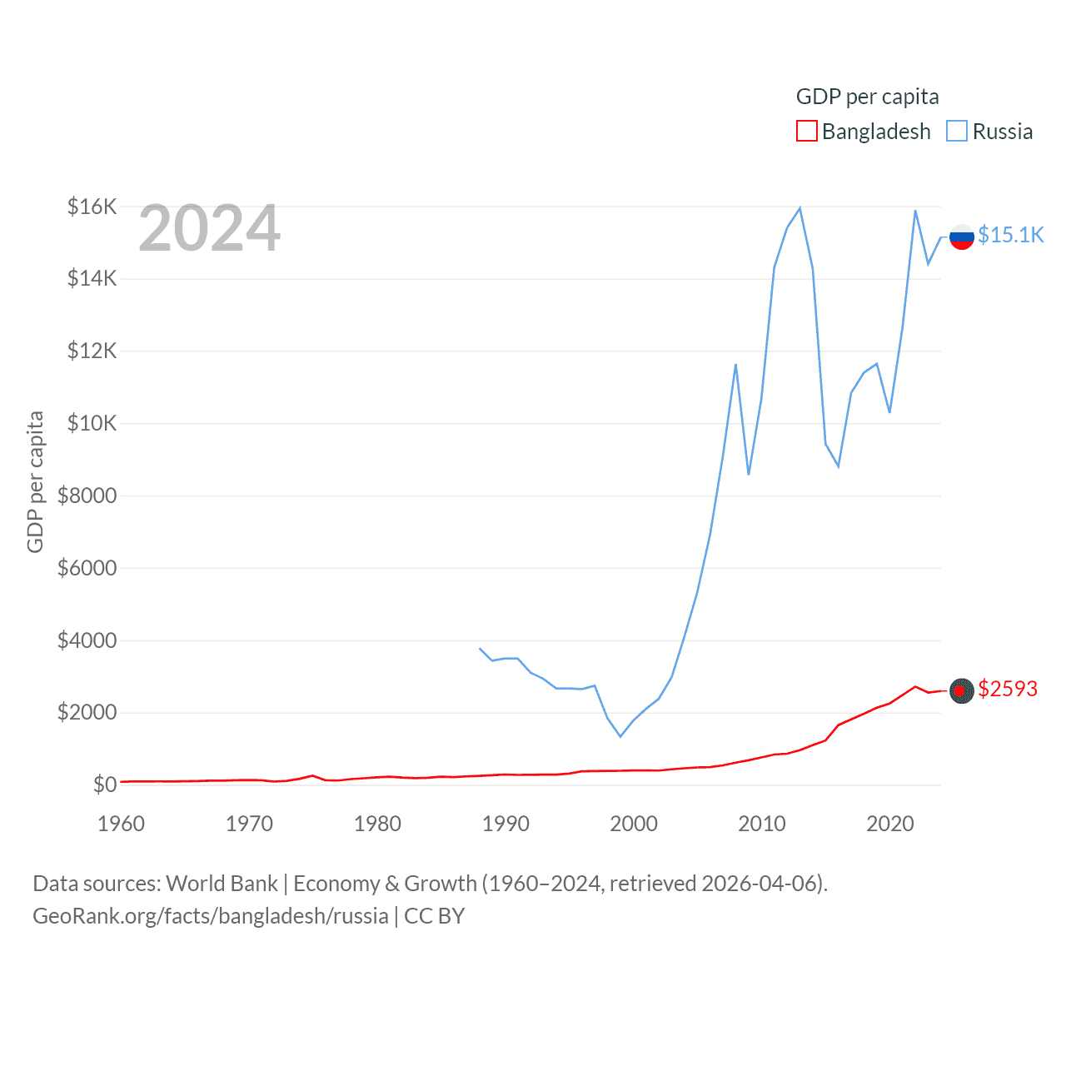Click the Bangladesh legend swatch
click(x=806, y=132)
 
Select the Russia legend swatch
click(x=957, y=132)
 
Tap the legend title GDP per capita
click(x=867, y=97)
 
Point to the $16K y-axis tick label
click(x=92, y=207)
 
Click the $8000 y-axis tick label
click(x=87, y=496)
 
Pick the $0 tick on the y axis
click(x=104, y=785)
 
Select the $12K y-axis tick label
click(x=92, y=351)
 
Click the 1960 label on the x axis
click(x=121, y=824)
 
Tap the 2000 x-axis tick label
click(x=634, y=824)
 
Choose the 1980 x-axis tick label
click(x=377, y=824)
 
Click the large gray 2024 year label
click(x=209, y=228)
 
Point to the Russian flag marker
click(x=962, y=237)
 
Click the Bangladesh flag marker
click(x=962, y=690)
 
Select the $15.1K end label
click(x=1010, y=235)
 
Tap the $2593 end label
click(x=1008, y=689)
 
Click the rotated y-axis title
click(x=35, y=481)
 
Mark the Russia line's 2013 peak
click(x=799, y=208)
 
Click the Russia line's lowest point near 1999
click(x=620, y=736)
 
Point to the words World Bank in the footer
click(x=222, y=883)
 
